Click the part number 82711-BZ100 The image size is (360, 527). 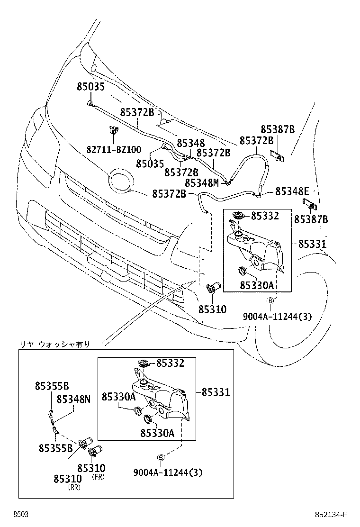(x=114, y=149)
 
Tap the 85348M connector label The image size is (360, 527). (x=202, y=182)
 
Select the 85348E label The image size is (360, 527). (x=292, y=191)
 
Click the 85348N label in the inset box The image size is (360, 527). (x=73, y=399)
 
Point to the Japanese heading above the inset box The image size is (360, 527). (x=54, y=344)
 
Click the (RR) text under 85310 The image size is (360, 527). (x=74, y=487)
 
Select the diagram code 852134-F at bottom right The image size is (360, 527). (x=331, y=515)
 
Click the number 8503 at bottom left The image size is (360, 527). (x=21, y=515)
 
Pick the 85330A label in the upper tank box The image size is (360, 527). (x=257, y=285)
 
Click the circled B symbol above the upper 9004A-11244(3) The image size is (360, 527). (x=270, y=301)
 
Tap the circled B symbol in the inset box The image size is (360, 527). (x=161, y=457)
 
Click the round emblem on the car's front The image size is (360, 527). (x=121, y=181)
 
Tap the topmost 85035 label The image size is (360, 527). (x=90, y=86)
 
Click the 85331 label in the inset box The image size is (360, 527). (x=216, y=392)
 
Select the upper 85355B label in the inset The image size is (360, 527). (x=52, y=386)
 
